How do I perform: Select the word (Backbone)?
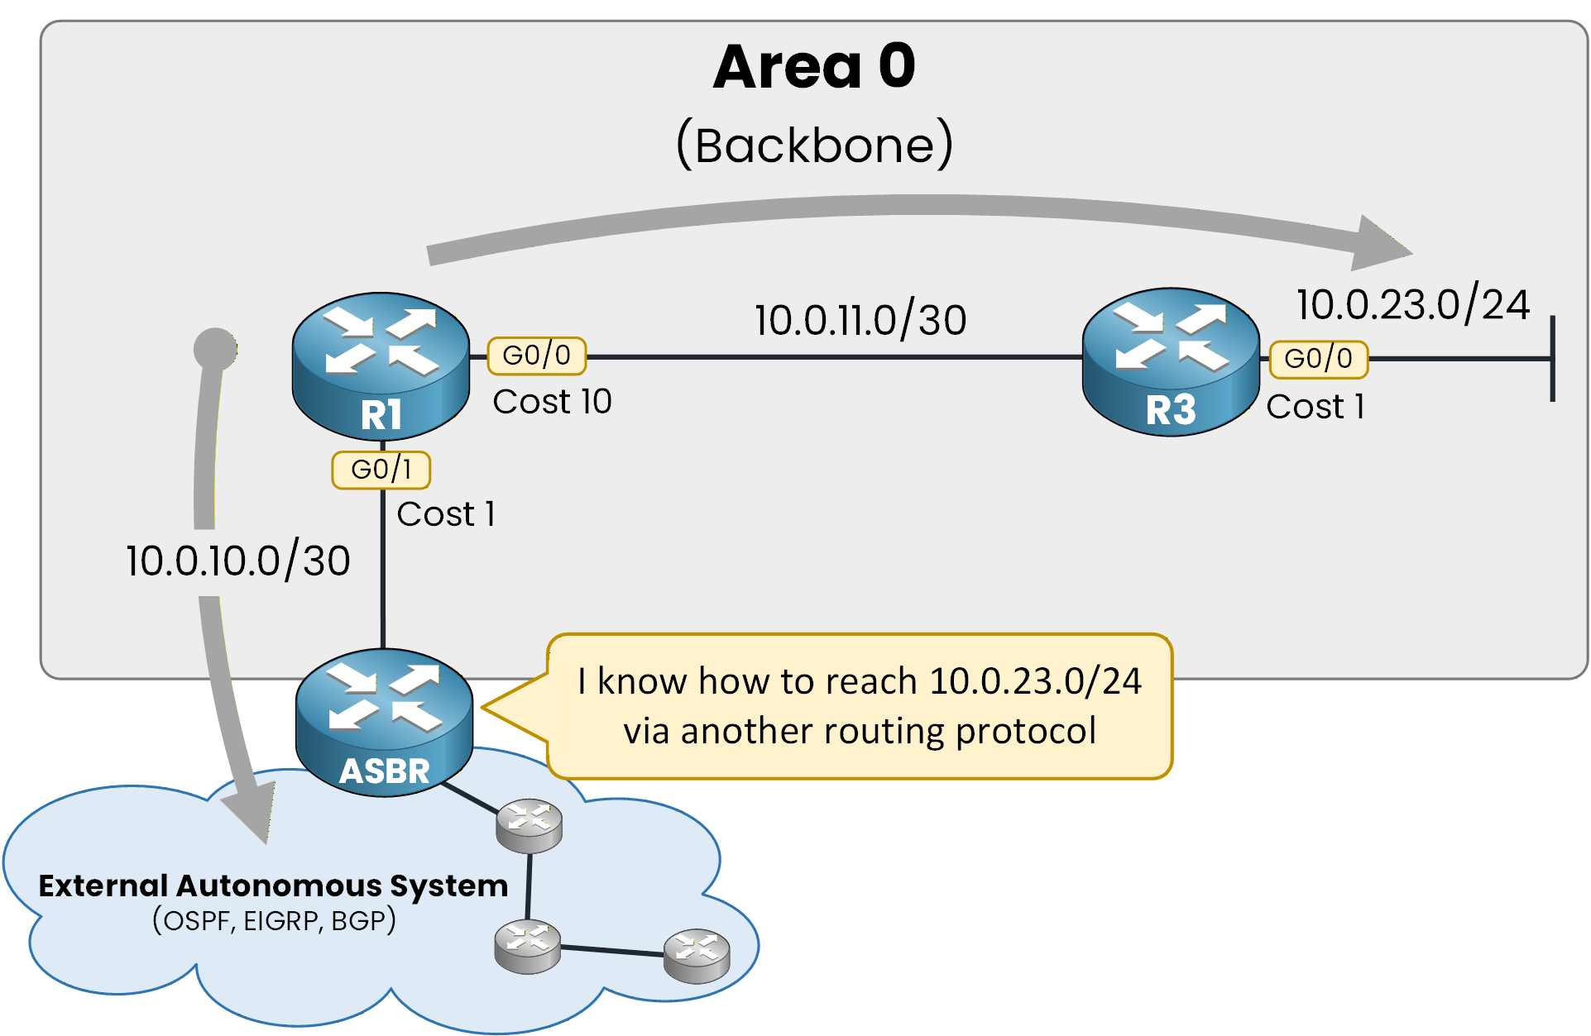(x=814, y=146)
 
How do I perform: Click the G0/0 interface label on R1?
(x=536, y=356)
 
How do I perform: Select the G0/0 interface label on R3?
(x=1318, y=359)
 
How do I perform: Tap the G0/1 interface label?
(x=381, y=470)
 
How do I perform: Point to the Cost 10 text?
(x=552, y=402)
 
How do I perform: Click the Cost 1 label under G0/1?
(x=445, y=514)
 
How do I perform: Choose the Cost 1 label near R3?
(x=1315, y=407)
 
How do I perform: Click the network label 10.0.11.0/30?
(x=860, y=321)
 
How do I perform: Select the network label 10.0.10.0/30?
(x=237, y=561)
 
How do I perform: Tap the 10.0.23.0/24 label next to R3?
(x=1412, y=304)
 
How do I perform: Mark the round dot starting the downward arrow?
(x=215, y=349)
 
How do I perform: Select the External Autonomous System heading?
(x=273, y=886)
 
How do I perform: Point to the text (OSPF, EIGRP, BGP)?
(x=274, y=920)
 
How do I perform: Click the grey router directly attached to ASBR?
(x=529, y=825)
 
